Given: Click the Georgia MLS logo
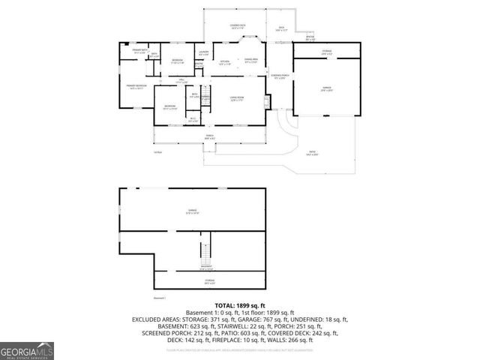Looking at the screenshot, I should pyautogui.click(x=27, y=350).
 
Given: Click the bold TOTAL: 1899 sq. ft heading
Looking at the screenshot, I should pyautogui.click(x=240, y=306).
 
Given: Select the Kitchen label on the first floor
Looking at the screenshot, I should pyautogui.click(x=224, y=63).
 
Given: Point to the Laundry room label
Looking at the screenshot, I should pyautogui.click(x=203, y=52).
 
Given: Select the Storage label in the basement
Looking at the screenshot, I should pyautogui.click(x=210, y=281).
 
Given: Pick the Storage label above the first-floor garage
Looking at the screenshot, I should pyautogui.click(x=326, y=52).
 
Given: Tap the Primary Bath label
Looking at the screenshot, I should pyautogui.click(x=139, y=51).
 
